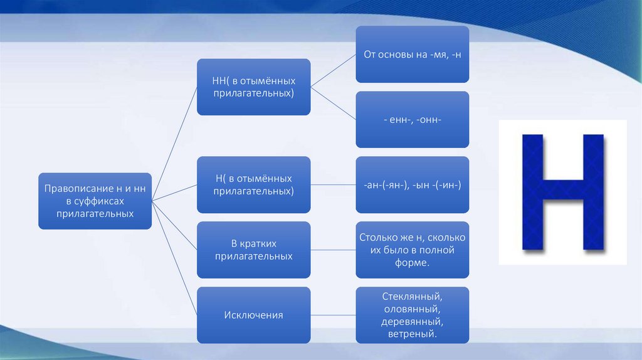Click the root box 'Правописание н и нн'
click(x=95, y=201)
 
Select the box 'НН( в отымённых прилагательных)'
click(x=253, y=87)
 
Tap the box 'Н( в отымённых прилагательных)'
click(x=253, y=184)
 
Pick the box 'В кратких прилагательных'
click(x=253, y=250)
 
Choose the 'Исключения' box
click(x=253, y=315)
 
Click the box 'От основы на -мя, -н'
click(x=412, y=54)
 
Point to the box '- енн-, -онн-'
click(x=412, y=119)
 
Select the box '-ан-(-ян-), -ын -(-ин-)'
click(x=412, y=184)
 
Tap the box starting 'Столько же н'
click(x=412, y=250)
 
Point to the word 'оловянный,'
click(x=412, y=309)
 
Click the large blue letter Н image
click(x=562, y=192)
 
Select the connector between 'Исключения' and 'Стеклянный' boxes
click(x=333, y=315)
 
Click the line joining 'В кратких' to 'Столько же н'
click(x=333, y=250)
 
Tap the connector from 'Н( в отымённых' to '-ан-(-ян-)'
click(x=333, y=184)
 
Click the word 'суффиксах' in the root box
click(x=95, y=201)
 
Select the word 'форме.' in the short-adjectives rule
click(x=412, y=263)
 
